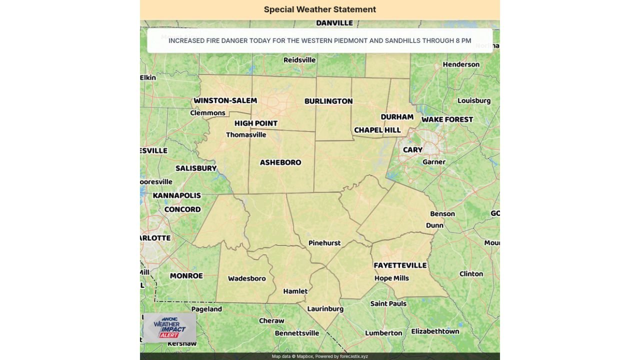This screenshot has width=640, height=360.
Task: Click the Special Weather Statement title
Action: click(320, 9)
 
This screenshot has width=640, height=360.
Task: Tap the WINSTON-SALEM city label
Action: click(225, 100)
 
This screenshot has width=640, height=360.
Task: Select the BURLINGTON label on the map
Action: click(328, 101)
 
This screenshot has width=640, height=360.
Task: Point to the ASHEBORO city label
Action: click(280, 162)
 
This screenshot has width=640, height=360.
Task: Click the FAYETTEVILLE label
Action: click(400, 265)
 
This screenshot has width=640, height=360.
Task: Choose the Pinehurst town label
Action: click(324, 243)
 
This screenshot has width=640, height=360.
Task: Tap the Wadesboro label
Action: click(247, 278)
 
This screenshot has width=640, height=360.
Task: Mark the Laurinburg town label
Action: click(325, 309)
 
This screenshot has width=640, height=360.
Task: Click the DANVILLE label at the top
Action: click(334, 23)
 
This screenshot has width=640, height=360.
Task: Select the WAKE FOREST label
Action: click(447, 119)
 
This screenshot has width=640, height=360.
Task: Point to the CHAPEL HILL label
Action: click(377, 130)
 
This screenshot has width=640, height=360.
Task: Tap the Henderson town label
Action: click(461, 64)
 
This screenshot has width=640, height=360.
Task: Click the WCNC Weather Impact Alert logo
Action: click(169, 328)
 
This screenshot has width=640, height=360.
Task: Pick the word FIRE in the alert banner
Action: click(212, 40)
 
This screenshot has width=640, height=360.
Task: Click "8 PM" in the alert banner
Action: click(463, 40)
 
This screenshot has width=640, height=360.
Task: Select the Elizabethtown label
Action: click(435, 331)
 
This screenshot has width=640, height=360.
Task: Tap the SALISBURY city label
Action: click(196, 168)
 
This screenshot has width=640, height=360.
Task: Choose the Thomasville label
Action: click(246, 135)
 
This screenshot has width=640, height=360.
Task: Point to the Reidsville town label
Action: click(299, 60)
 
